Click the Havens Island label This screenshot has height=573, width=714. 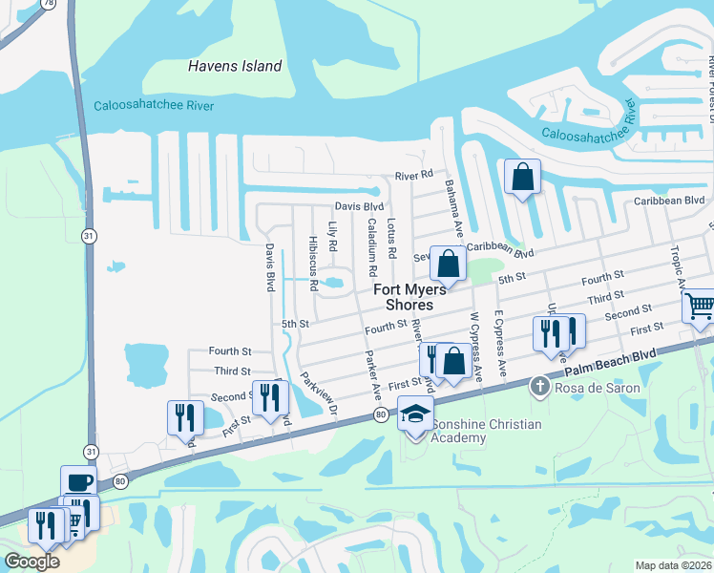click(x=235, y=66)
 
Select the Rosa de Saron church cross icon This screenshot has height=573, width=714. click(x=539, y=386)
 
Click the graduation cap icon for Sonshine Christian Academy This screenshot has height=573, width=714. click(x=415, y=415)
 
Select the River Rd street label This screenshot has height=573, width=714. click(x=414, y=176)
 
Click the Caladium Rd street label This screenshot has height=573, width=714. click(x=370, y=240)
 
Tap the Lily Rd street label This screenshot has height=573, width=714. click(x=333, y=237)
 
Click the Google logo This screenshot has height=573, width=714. click(x=31, y=562)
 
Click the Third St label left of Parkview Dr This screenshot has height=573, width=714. click(x=232, y=371)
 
